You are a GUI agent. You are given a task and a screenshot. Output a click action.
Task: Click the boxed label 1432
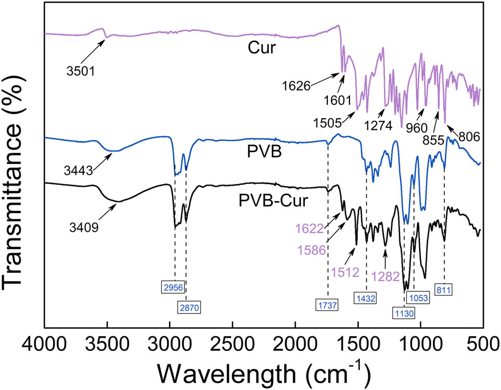366,297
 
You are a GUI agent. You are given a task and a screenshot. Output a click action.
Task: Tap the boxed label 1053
417,297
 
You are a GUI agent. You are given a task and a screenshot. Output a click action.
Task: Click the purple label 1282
385,276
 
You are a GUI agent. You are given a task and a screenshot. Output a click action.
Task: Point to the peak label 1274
381,125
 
